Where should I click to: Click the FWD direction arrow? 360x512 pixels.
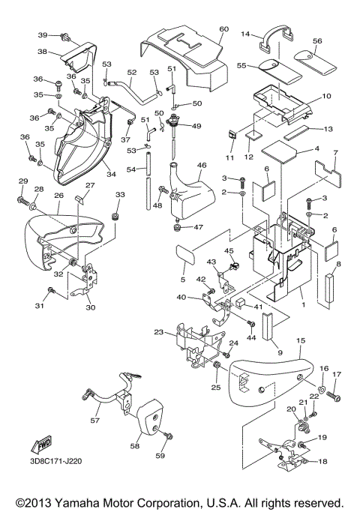coord(41,444)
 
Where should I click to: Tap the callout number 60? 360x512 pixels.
coord(223,29)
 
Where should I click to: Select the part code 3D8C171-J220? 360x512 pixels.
coord(55,461)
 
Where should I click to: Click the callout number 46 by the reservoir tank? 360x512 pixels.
coord(202,165)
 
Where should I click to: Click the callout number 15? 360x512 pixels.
coord(301,340)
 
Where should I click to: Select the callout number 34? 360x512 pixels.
coord(112,174)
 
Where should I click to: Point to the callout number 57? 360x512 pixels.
coord(94,421)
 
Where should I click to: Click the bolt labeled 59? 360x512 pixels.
coord(169,436)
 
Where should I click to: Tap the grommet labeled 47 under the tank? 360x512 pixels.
coord(178,228)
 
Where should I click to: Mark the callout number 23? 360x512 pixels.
coord(159,332)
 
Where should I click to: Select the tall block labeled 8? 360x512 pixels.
coord(329,291)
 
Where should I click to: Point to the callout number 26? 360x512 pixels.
coord(58,196)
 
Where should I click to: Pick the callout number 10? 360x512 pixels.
coord(326,96)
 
